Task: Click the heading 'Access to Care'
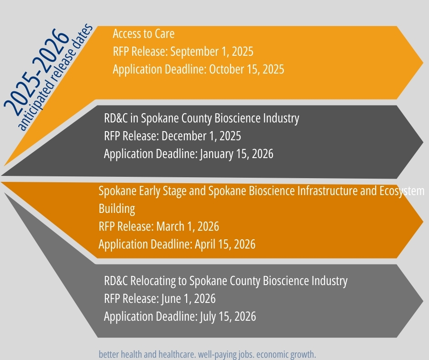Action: tap(144, 34)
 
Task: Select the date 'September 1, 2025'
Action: tap(212, 52)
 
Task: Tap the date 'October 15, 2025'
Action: tap(246, 69)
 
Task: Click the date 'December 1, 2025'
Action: tap(201, 136)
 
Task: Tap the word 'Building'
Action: tap(117, 209)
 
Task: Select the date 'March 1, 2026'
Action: tap(188, 227)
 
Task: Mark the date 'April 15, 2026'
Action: tap(225, 244)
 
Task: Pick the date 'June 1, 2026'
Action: tap(188, 299)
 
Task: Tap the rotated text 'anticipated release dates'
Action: tap(55, 77)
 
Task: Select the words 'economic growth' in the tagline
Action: tap(286, 354)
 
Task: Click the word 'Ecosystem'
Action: tap(402, 191)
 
